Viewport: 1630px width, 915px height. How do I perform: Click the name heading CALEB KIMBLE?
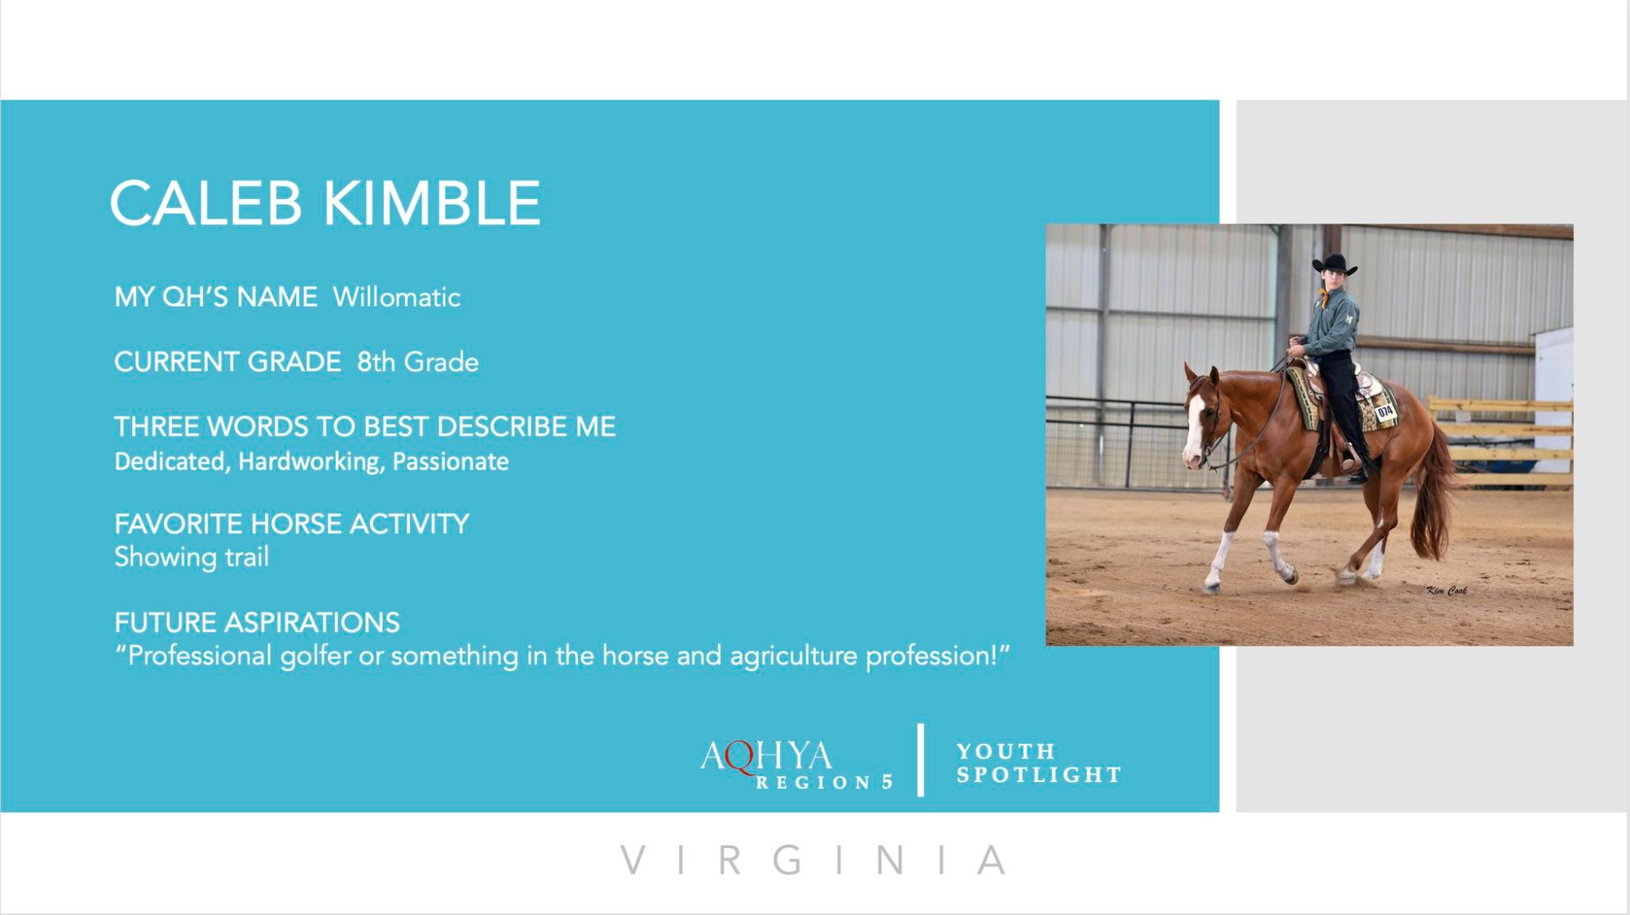pos(325,203)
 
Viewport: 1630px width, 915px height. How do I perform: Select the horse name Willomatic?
pos(396,297)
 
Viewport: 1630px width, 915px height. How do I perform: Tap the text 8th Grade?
pos(417,361)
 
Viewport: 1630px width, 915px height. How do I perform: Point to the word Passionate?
pos(451,462)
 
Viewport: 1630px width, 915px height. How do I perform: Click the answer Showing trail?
pos(192,557)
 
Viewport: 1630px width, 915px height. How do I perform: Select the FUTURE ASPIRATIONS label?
pos(257,622)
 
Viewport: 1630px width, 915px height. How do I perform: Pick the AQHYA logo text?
pos(766,756)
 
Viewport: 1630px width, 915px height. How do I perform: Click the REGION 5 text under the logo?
pos(824,782)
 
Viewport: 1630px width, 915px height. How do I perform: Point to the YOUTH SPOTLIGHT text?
pos(1039,762)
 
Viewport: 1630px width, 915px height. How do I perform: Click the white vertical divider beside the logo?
pos(921,759)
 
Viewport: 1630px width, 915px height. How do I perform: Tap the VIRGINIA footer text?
pos(814,860)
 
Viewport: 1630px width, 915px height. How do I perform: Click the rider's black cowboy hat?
pos(1334,264)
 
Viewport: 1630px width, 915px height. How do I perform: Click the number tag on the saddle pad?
pos(1385,413)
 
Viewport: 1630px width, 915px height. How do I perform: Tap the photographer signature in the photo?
pos(1447,590)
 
